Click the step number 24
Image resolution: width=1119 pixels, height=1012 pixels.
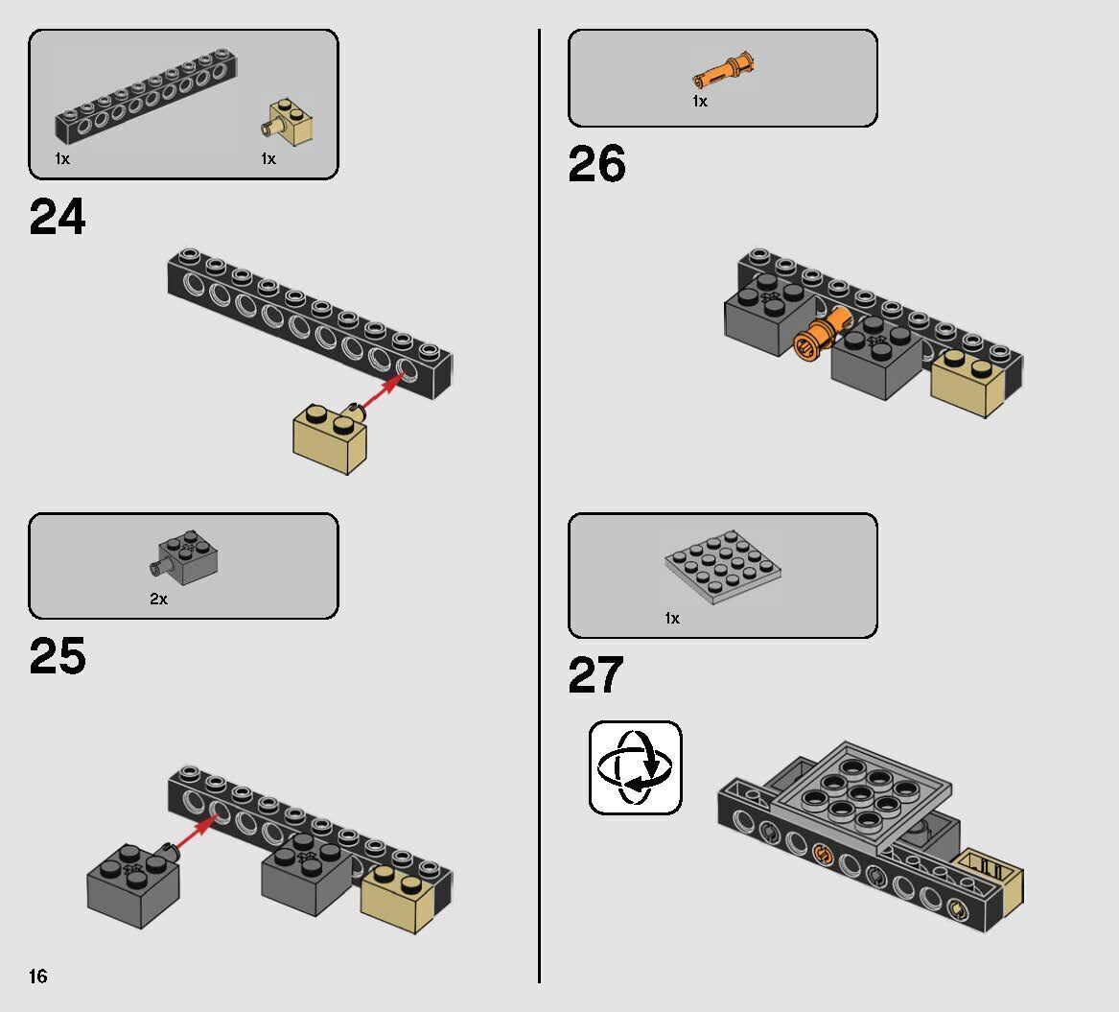(58, 217)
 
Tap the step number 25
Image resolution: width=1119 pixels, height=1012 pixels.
(58, 656)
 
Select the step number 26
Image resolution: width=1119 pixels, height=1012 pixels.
(597, 164)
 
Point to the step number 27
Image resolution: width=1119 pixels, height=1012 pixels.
(595, 676)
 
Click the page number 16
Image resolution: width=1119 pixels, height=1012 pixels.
(37, 977)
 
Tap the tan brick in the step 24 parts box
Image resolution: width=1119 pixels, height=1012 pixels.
(287, 122)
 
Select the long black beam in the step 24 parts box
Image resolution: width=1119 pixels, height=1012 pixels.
(147, 96)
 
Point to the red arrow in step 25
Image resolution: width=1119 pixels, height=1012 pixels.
(194, 834)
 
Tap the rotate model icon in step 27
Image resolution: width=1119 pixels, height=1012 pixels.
(635, 768)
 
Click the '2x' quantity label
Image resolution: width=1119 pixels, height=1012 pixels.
(158, 600)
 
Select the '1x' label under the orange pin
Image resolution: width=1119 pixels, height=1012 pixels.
(699, 102)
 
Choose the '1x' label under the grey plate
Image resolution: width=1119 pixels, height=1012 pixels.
(671, 618)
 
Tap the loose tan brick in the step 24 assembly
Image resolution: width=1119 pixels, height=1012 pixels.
(330, 438)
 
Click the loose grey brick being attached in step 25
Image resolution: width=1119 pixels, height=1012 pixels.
(133, 885)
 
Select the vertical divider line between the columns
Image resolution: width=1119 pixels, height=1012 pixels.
(540, 506)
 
